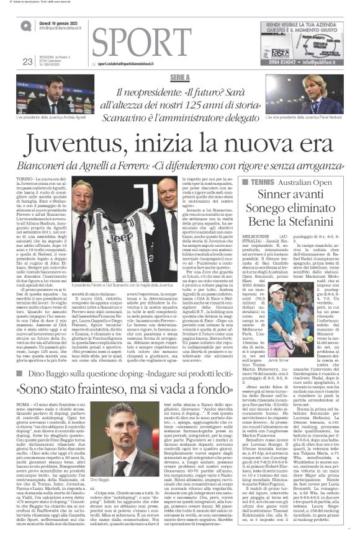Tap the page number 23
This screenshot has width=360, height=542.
[27, 61]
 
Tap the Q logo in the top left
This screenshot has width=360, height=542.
[25, 25]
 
